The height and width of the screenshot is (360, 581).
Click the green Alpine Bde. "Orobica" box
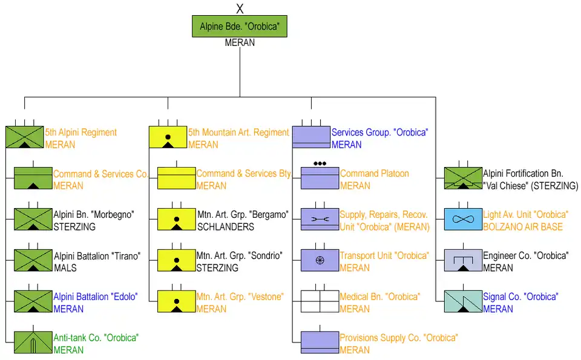pyautogui.click(x=240, y=27)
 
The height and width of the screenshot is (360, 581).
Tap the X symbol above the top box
pyautogui.click(x=240, y=8)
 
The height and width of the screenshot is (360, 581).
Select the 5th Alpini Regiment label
pyautogui.click(x=81, y=133)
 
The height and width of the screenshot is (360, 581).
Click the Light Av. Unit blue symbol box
pyautogui.click(x=463, y=219)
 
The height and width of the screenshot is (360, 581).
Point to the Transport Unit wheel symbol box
pyautogui.click(x=320, y=260)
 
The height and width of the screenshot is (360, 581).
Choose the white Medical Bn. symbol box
pyautogui.click(x=320, y=301)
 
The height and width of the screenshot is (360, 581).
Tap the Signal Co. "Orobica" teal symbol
pyautogui.click(x=463, y=301)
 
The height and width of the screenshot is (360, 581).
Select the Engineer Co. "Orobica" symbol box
pyautogui.click(x=463, y=260)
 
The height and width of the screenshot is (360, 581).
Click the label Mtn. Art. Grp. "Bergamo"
pyautogui.click(x=243, y=215)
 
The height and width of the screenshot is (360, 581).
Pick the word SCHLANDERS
pyautogui.click(x=226, y=227)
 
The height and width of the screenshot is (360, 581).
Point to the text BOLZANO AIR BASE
pyautogui.click(x=523, y=227)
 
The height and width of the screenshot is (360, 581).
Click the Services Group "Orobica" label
pyautogui.click(x=379, y=133)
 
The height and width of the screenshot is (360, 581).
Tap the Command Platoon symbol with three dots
pyautogui.click(x=320, y=177)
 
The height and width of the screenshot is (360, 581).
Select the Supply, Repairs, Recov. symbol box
pyautogui.click(x=320, y=219)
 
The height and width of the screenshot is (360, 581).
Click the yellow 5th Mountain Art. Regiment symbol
pyautogui.click(x=168, y=137)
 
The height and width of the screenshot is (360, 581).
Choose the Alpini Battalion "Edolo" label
pyautogui.click(x=96, y=297)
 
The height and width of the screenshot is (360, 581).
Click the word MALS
pyautogui.click(x=65, y=268)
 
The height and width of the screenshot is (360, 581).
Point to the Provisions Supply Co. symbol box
pyautogui.click(x=320, y=342)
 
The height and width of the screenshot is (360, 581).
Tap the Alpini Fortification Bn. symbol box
pyautogui.click(x=463, y=178)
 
